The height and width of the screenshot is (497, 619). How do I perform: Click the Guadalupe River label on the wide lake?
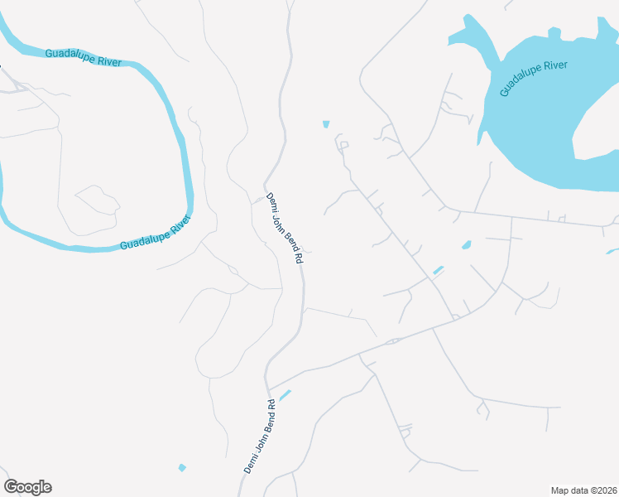[x=534, y=79]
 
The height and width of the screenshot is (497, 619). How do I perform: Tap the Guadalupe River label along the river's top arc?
[x=84, y=58]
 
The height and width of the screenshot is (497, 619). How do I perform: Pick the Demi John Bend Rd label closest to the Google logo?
[x=260, y=437]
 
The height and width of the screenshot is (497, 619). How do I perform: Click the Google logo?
[x=27, y=487]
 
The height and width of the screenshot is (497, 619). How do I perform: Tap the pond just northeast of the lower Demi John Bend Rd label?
[x=285, y=395]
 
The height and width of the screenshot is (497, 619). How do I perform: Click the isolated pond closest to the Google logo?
[x=182, y=468]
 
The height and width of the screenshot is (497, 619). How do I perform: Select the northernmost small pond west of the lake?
[x=326, y=124]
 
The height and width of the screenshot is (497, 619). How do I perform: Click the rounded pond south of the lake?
[x=467, y=245]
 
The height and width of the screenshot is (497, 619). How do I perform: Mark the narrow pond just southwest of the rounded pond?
[x=438, y=270]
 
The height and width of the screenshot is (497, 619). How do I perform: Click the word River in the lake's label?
[x=555, y=70]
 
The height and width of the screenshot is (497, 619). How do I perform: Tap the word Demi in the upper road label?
[x=271, y=201]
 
